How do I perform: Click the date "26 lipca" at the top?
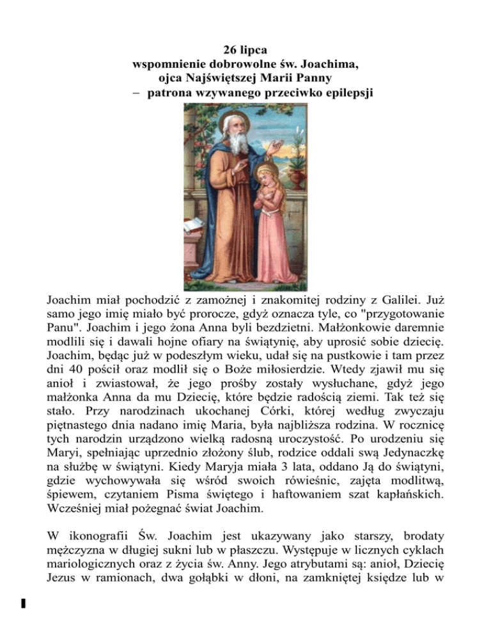click(x=245, y=49)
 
